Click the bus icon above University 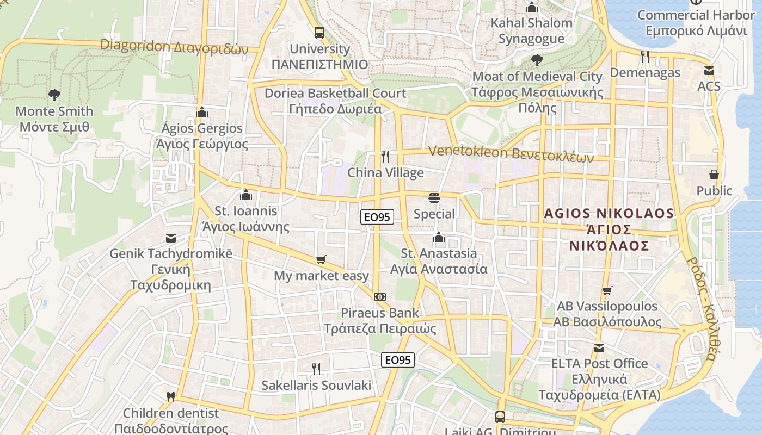pyautogui.click(x=319, y=32)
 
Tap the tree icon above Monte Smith pyautogui.click(x=54, y=96)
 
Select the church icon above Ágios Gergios pyautogui.click(x=202, y=113)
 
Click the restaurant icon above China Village pyautogui.click(x=385, y=157)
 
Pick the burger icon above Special pyautogui.click(x=434, y=197)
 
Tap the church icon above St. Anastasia pyautogui.click(x=438, y=237)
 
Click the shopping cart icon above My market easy pyautogui.click(x=321, y=259)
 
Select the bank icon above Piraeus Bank pyautogui.click(x=380, y=296)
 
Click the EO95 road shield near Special pyautogui.click(x=377, y=217)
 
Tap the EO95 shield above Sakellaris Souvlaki pyautogui.click(x=398, y=359)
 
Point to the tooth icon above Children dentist pyautogui.click(x=170, y=397)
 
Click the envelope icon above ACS pyautogui.click(x=709, y=71)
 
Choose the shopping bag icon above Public pyautogui.click(x=714, y=175)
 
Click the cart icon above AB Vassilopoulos pyautogui.click(x=607, y=290)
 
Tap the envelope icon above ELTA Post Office pyautogui.click(x=599, y=347)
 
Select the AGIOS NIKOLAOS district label pyautogui.click(x=610, y=229)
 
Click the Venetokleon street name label pyautogui.click(x=511, y=154)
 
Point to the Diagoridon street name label pyautogui.click(x=174, y=47)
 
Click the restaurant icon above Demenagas pyautogui.click(x=645, y=56)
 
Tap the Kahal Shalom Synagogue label pyautogui.click(x=532, y=30)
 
